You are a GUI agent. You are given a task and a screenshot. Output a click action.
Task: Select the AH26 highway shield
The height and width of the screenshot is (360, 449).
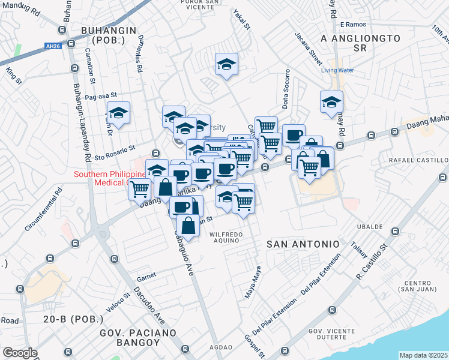[x=53, y=46]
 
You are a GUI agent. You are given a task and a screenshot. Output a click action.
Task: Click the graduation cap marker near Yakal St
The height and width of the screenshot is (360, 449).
[x=227, y=64]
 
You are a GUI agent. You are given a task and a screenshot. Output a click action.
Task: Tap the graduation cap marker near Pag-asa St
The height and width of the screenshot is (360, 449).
[x=119, y=112]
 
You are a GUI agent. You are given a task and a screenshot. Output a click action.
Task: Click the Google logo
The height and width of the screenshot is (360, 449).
[x=20, y=353]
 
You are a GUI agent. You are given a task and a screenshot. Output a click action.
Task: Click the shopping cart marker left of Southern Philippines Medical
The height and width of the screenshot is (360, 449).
[x=139, y=188]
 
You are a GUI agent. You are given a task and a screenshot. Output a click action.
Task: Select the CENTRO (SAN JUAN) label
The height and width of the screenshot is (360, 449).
[x=419, y=287]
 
